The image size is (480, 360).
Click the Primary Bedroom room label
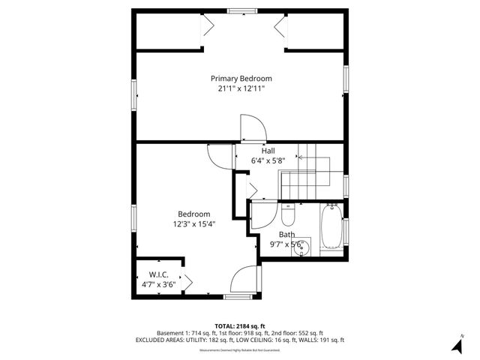[x=241, y=78]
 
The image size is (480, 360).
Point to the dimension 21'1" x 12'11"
[x=241, y=88]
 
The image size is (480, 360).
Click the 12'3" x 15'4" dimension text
[x=193, y=223]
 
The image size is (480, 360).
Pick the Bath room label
[x=286, y=234]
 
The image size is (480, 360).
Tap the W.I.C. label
[x=158, y=274]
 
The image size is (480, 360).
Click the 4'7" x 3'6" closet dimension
[x=158, y=284]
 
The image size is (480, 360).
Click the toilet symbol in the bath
[x=288, y=218]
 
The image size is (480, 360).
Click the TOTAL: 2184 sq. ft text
[x=240, y=326]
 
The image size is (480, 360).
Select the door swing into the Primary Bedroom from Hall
[x=250, y=128]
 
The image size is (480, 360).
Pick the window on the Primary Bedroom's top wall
[x=240, y=11]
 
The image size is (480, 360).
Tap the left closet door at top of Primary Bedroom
[x=208, y=29]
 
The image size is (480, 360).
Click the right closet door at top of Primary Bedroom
[x=281, y=29]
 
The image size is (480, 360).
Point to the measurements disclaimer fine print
[x=240, y=350]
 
